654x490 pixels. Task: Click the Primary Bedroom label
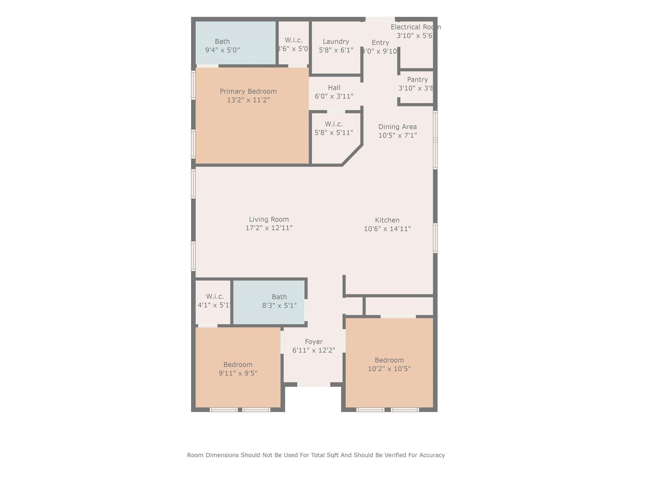pos(248,91)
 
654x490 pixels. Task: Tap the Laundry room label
pos(336,42)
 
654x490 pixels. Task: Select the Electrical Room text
pos(415,27)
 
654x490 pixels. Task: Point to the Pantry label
pos(417,80)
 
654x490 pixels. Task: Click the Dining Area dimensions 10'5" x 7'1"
pos(398,135)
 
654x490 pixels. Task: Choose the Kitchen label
pos(387,220)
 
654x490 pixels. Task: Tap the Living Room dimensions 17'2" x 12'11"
pos(269,228)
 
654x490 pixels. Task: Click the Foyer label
pos(314,342)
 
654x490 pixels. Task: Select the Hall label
pos(334,88)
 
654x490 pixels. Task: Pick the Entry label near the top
pos(380,42)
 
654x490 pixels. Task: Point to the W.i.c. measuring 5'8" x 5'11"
pos(334,128)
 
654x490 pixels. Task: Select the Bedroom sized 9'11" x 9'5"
pos(238,369)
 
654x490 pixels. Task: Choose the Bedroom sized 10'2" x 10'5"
pos(389,364)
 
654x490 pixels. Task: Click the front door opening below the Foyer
pos(314,385)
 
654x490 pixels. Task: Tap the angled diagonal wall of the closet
pos(352,155)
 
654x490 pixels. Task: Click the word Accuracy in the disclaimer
pos(432,455)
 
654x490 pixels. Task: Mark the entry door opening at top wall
pos(380,19)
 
